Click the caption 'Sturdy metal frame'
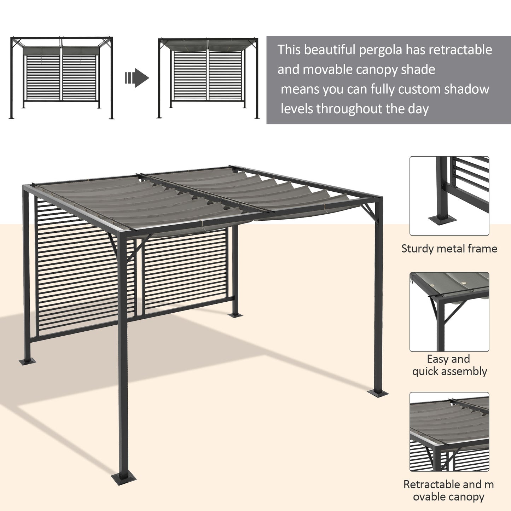[x=449, y=249]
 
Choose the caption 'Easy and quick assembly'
[x=449, y=365]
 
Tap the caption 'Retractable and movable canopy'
[x=449, y=490]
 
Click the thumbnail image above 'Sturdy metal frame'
[x=449, y=196]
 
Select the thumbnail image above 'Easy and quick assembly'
[x=449, y=312]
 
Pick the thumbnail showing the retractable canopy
[x=449, y=431]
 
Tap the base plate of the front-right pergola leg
[x=378, y=392]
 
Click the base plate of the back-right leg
[x=235, y=315]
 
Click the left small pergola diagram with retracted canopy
[x=62, y=78]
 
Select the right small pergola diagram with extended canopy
[x=208, y=78]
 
